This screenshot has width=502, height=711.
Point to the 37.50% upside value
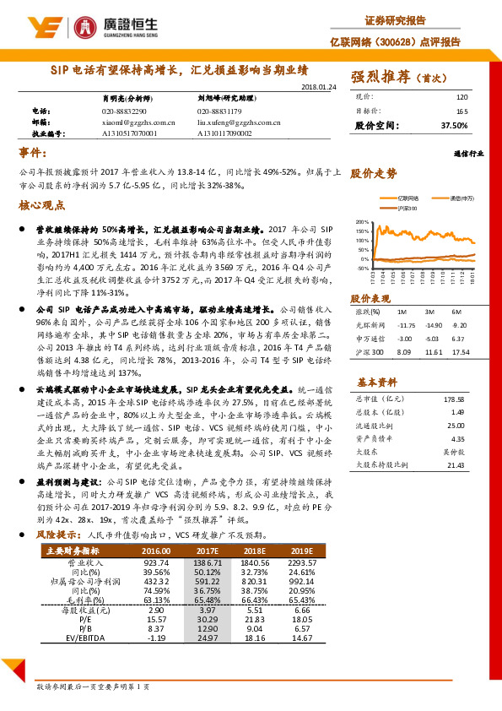tap(454, 125)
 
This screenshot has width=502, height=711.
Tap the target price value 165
tap(462, 111)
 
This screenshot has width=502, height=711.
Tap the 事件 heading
tap(35, 151)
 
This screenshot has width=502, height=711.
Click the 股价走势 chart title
tap(373, 173)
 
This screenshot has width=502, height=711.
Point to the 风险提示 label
tap(58, 535)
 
